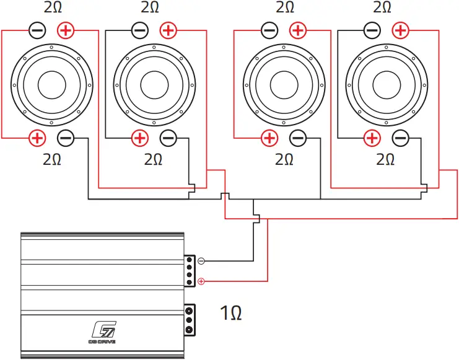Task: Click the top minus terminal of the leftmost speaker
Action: point(37,30)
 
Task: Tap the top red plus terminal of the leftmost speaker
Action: point(66,30)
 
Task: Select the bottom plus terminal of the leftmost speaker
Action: point(37,138)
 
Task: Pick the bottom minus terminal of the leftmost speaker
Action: point(66,138)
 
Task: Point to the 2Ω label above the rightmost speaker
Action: point(382,7)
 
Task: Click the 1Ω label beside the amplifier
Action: point(230,313)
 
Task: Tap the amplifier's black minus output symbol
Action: point(201,261)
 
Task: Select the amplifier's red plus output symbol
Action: point(201,282)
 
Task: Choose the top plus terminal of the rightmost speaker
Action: point(400,30)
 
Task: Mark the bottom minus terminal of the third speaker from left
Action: point(298,138)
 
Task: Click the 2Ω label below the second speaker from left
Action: point(153,159)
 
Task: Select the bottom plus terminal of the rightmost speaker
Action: point(372,138)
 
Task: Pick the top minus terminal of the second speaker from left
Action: point(140,30)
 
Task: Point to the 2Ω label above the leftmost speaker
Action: point(53,7)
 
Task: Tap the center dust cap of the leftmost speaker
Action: point(52,84)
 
